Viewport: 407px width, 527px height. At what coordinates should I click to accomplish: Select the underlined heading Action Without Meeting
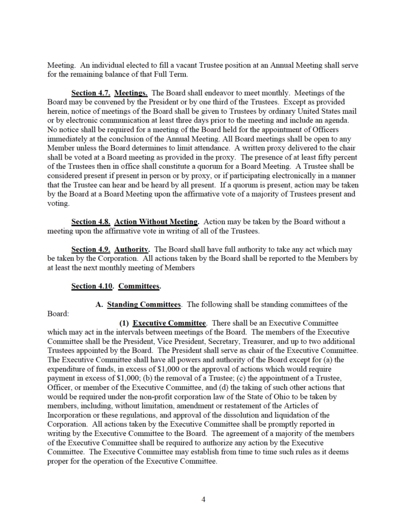pyautogui.click(x=156, y=222)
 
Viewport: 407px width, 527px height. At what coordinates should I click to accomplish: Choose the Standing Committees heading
pyautogui.click(x=144, y=304)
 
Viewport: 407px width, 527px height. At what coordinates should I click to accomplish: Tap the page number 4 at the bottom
pyautogui.click(x=203, y=499)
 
